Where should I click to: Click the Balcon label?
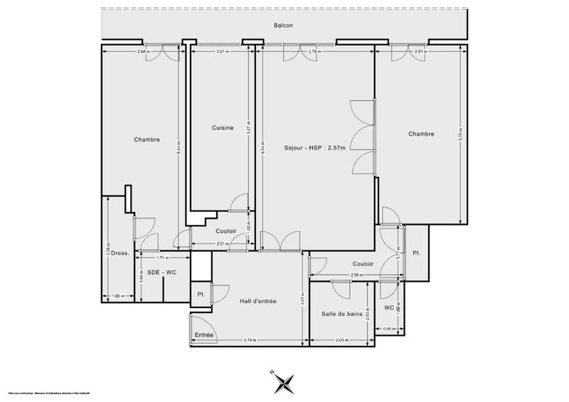point(284,26)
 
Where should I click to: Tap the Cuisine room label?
point(223,127)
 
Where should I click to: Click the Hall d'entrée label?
point(257,302)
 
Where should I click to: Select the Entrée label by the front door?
point(204,334)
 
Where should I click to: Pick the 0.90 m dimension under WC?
point(389,328)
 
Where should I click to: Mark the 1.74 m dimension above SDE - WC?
point(162,257)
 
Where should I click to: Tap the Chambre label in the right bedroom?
point(421,133)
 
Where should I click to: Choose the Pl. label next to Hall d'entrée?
point(201,294)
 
